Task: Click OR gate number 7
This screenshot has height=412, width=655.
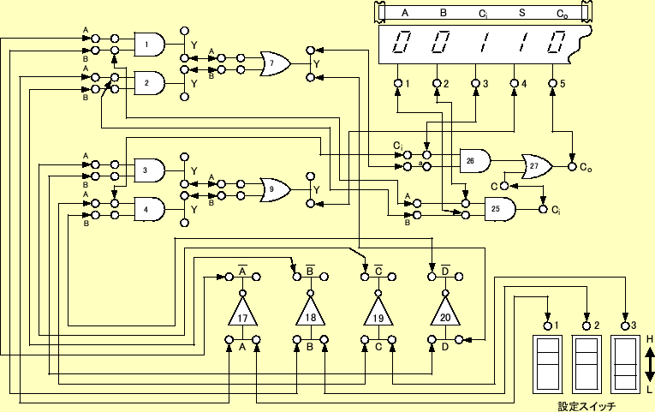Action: pyautogui.click(x=274, y=63)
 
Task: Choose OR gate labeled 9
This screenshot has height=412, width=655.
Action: pyautogui.click(x=274, y=189)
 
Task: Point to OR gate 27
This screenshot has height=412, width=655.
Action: pyautogui.click(x=536, y=166)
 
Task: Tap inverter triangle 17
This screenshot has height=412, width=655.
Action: pyautogui.click(x=243, y=314)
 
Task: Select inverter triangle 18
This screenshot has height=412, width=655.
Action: pyautogui.click(x=310, y=314)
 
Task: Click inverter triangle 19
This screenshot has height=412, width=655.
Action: pyautogui.click(x=378, y=314)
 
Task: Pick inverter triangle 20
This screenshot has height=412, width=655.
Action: pyautogui.click(x=444, y=314)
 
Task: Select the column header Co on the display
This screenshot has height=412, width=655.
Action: pyautogui.click(x=561, y=13)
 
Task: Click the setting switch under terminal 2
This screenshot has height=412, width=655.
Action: pyautogui.click(x=587, y=365)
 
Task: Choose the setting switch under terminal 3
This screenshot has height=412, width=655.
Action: pyautogui.click(x=626, y=365)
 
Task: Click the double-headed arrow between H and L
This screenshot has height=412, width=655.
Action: pyautogui.click(x=650, y=364)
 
